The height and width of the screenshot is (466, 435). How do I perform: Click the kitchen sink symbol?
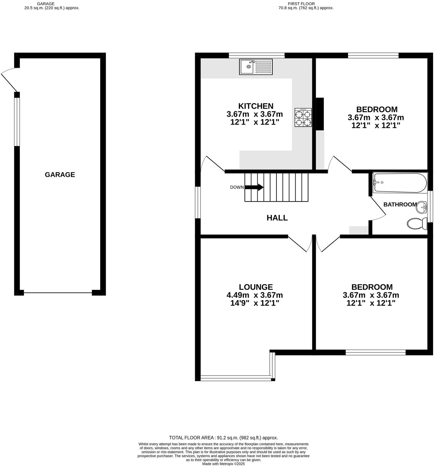click(256, 67)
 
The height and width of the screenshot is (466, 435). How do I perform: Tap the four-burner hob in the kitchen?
click(303, 117)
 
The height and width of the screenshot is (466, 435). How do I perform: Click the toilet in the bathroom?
click(417, 223)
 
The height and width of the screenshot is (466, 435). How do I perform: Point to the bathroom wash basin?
click(422, 208)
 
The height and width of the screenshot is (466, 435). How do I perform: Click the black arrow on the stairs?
click(254, 187)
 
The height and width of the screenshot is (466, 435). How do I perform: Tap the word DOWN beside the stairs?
click(237, 187)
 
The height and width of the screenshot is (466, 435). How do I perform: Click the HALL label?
click(277, 218)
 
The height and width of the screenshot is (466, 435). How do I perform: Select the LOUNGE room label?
click(256, 287)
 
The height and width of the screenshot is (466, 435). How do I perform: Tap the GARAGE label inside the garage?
click(60, 175)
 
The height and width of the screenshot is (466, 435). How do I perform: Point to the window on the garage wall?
click(17, 122)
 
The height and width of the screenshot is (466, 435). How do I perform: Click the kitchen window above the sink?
click(256, 55)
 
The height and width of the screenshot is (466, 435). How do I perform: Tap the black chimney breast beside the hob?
click(320, 114)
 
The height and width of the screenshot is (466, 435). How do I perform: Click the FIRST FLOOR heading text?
click(301, 4)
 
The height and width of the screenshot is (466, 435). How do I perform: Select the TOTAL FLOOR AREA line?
click(223, 438)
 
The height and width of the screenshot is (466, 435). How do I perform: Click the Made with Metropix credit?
click(223, 464)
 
